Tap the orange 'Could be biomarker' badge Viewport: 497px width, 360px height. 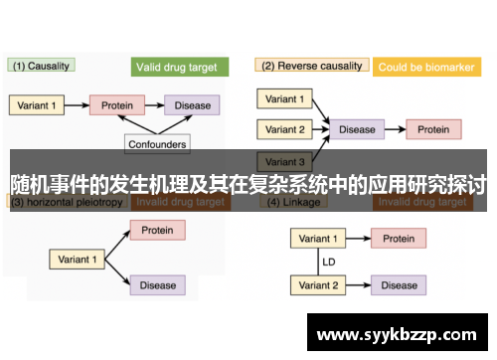pyautogui.click(x=426, y=68)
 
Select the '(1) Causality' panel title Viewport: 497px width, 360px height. pyautogui.click(x=41, y=66)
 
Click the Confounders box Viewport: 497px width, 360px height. pyautogui.click(x=157, y=143)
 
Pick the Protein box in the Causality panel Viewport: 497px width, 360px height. pyautogui.click(x=117, y=104)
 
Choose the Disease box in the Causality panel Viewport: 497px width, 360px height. pyautogui.click(x=193, y=104)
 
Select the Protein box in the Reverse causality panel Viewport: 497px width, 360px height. pyautogui.click(x=432, y=129)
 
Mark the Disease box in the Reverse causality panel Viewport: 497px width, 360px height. pyautogui.click(x=357, y=129)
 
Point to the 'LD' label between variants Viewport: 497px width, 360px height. pyautogui.click(x=328, y=263)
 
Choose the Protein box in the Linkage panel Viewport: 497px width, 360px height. pyautogui.click(x=399, y=239)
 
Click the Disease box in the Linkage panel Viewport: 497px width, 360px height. pyautogui.click(x=399, y=285)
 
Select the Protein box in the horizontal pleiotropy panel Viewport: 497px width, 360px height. pyautogui.click(x=157, y=231)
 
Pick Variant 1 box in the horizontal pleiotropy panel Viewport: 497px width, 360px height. pyautogui.click(x=79, y=259)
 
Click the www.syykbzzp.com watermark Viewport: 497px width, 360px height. pyautogui.click(x=397, y=330)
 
